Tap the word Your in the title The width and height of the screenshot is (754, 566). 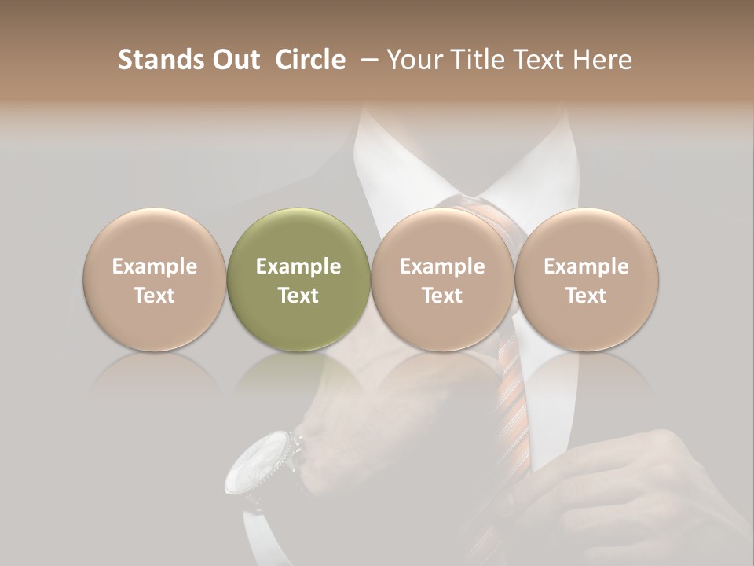tap(412, 60)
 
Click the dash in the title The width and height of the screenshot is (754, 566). tap(366, 60)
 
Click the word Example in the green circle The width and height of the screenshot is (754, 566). tap(298, 267)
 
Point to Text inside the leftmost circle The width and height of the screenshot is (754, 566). tap(155, 296)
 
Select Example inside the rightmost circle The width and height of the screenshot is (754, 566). tap(587, 267)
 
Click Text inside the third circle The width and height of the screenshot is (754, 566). tap(442, 296)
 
